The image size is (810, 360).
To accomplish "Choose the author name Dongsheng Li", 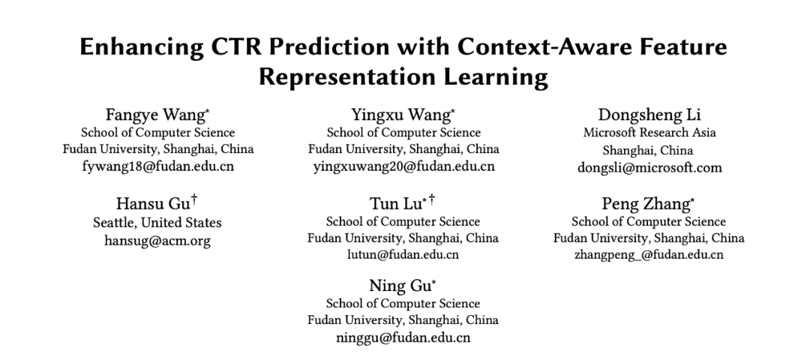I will (x=649, y=115).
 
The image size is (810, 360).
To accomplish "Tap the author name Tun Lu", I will (x=395, y=204).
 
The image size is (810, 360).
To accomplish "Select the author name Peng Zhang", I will (x=645, y=204).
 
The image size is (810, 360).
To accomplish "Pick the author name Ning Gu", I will (x=399, y=286).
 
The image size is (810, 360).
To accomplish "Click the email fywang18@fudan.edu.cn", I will (x=158, y=166).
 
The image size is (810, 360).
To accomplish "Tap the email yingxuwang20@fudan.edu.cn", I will (x=403, y=166).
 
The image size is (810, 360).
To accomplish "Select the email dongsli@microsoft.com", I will (x=649, y=167).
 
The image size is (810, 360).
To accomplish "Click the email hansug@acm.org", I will (x=157, y=241).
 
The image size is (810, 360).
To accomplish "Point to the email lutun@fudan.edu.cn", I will (x=403, y=255).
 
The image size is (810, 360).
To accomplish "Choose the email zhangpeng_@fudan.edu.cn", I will (x=649, y=255).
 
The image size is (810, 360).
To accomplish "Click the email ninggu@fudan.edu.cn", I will (x=403, y=337).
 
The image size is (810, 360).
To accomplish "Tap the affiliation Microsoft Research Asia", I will (x=649, y=133).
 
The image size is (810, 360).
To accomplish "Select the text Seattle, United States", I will (x=157, y=223).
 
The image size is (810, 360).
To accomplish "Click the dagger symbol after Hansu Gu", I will (x=194, y=200).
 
